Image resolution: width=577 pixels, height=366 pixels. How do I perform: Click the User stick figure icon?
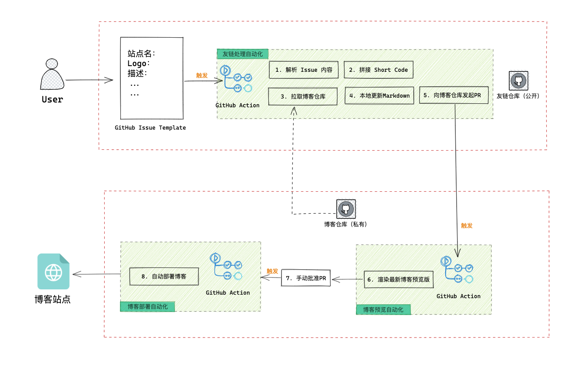(x=52, y=75)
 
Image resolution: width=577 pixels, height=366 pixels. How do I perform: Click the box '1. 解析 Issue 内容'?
(x=303, y=70)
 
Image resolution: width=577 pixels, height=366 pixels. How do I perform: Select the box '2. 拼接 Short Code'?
(x=378, y=70)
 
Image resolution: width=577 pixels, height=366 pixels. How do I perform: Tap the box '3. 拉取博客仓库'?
(x=303, y=96)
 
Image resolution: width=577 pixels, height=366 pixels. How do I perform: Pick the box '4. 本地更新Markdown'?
(x=379, y=95)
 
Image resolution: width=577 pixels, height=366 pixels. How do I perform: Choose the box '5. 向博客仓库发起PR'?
(x=453, y=95)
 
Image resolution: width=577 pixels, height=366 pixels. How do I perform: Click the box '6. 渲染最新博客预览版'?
(x=398, y=279)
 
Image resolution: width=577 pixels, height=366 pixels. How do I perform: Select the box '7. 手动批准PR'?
(x=306, y=278)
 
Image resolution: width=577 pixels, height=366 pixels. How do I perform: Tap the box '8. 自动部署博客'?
(x=164, y=277)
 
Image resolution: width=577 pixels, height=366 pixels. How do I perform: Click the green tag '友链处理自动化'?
(x=243, y=54)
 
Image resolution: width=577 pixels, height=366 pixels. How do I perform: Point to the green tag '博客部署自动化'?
(x=148, y=306)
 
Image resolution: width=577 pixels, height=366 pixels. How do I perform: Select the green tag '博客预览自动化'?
(x=383, y=310)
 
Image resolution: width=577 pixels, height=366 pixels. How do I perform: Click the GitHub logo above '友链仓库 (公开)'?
(x=518, y=81)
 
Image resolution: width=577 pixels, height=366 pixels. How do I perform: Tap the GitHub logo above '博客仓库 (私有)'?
(x=346, y=209)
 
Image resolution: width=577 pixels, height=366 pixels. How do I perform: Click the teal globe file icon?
(x=53, y=271)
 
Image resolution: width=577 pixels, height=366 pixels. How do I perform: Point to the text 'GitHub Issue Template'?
(x=150, y=128)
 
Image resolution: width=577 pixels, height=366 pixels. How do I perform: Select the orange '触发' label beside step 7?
(x=272, y=271)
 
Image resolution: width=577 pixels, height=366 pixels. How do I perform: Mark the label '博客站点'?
(x=53, y=299)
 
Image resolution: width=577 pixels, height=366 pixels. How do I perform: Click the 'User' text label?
(x=53, y=99)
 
